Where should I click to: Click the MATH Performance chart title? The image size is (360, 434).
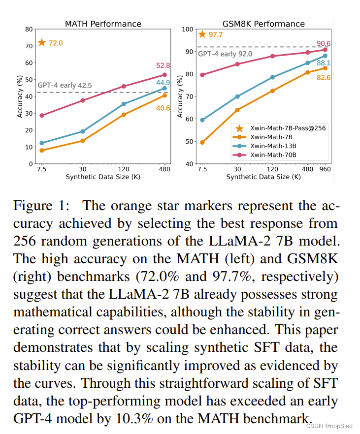103,24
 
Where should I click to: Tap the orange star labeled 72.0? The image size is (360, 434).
42,43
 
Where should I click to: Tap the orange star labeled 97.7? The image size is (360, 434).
202,34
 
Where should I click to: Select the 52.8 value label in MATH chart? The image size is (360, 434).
163,65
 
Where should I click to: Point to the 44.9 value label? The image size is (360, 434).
163,83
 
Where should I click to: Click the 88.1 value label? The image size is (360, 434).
324,63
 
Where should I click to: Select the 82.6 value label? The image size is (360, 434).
324,77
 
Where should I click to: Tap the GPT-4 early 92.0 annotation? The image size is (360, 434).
225,54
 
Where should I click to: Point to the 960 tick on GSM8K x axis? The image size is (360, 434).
325,169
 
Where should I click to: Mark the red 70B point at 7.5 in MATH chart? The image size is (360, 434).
42,115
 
